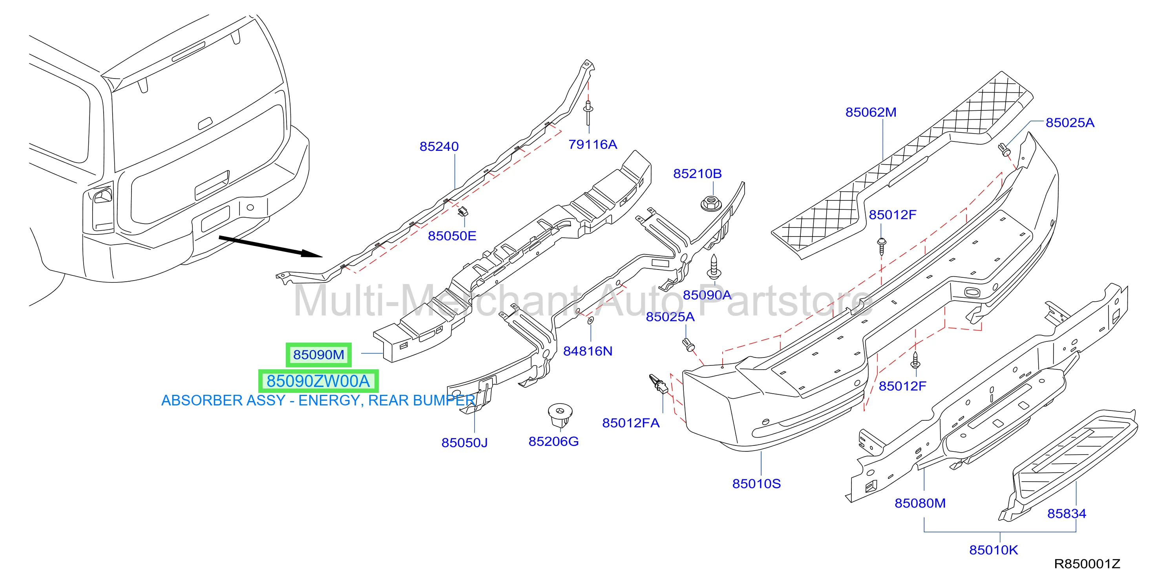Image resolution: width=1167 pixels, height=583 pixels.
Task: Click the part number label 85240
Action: pyautogui.click(x=438, y=147)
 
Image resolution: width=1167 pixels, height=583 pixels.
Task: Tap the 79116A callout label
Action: pyautogui.click(x=593, y=144)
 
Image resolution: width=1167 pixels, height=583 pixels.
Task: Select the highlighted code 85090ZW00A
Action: pyautogui.click(x=318, y=381)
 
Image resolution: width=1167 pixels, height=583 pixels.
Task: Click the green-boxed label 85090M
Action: pyautogui.click(x=318, y=354)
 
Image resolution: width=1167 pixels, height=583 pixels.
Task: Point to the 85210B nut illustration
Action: pyautogui.click(x=711, y=203)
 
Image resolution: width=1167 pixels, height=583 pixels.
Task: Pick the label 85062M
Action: pyautogui.click(x=871, y=112)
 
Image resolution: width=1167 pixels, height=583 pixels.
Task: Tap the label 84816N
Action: pyautogui.click(x=588, y=351)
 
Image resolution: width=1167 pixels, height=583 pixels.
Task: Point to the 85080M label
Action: pyautogui.click(x=920, y=503)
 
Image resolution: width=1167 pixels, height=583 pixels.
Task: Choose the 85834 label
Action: pyautogui.click(x=1067, y=513)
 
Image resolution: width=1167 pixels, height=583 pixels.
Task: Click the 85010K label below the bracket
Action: pyautogui.click(x=993, y=550)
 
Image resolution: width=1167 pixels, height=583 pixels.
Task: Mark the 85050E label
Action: pyautogui.click(x=452, y=236)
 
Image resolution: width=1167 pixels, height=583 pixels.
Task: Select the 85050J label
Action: pyautogui.click(x=464, y=442)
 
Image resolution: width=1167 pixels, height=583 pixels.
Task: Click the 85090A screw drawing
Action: pyautogui.click(x=714, y=267)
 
